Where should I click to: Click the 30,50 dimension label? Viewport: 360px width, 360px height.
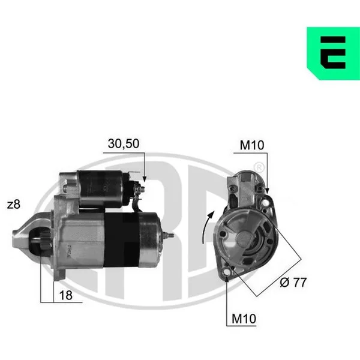pos(124,144)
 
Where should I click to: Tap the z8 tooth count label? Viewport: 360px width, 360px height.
pos(14,205)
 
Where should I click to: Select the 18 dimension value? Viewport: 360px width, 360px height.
pos(65,295)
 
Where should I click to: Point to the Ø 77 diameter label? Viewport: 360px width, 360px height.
pos(293,282)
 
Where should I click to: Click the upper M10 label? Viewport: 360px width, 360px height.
pos(252,145)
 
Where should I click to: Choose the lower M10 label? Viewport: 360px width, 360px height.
pos(244,319)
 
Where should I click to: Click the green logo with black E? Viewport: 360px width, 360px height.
pos(334,53)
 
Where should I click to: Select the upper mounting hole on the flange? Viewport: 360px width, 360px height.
pos(266,203)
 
